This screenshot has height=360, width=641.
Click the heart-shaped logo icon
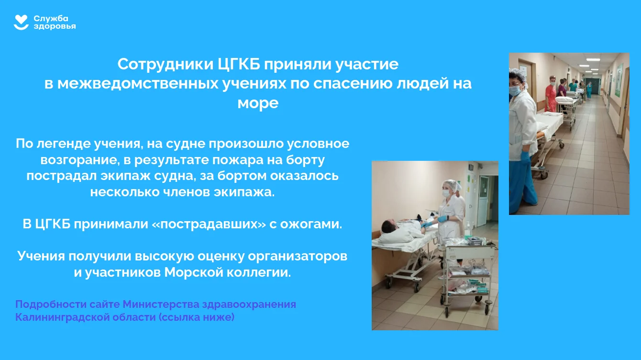click(x=21, y=22)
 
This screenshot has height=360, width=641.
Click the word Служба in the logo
click(x=51, y=19)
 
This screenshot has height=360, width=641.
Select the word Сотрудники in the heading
click(x=166, y=64)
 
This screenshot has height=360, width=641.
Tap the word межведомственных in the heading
click(x=138, y=84)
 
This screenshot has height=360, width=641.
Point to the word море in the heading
click(x=258, y=103)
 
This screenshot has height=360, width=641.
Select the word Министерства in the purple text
click(x=161, y=304)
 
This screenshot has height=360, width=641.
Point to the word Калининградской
click(x=62, y=317)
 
